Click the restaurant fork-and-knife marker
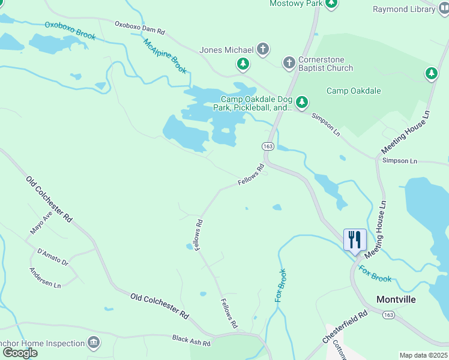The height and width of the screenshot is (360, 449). (354, 239)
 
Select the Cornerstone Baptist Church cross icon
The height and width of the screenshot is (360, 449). (289, 63)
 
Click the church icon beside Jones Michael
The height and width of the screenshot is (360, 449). (263, 49)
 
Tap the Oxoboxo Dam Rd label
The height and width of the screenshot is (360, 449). (139, 27)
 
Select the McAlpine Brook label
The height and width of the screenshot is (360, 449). (165, 56)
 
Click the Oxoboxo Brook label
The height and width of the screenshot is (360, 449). (70, 31)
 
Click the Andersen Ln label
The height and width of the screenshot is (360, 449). (46, 278)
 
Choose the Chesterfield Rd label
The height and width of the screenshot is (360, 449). (345, 326)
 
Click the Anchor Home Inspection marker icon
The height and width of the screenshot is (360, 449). (93, 343)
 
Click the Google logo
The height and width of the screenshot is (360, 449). (19, 352)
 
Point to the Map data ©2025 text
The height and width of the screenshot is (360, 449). (423, 355)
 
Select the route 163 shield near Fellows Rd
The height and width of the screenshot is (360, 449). (268, 146)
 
